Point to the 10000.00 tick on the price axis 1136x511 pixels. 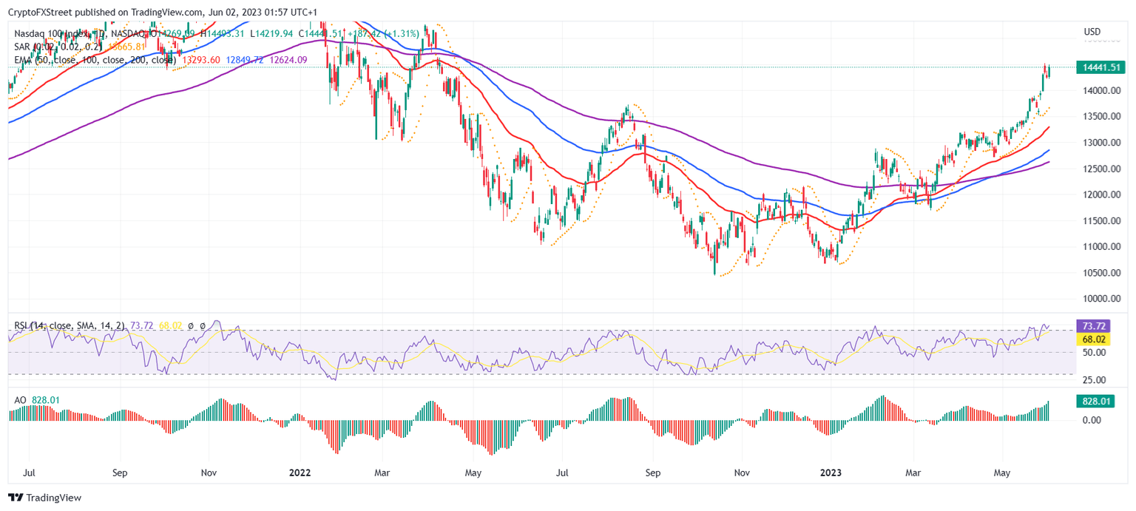1100,299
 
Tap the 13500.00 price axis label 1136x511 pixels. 1100,117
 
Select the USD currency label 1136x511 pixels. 1092,32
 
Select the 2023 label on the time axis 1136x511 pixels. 831,472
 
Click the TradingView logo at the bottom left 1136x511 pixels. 45,498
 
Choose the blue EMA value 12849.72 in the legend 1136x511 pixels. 246,59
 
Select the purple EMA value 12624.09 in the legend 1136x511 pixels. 288,59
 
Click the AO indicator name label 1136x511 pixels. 21,400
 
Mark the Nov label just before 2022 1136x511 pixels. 209,472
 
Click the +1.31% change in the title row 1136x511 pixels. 406,33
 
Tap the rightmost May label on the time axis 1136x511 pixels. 1002,472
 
